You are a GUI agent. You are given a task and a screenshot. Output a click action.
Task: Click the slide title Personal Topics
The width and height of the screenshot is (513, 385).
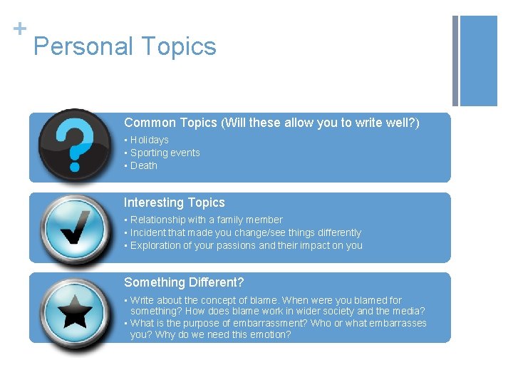pos(125,47)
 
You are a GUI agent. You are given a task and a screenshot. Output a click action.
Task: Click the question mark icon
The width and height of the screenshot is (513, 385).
pos(75,145)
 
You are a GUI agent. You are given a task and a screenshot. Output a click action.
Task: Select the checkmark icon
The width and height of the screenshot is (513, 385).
pos(75,227)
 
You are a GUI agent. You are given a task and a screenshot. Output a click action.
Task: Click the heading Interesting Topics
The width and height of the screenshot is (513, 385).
pos(174,203)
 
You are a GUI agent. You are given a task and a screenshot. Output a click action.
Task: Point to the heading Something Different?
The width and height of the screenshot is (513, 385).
pos(184,283)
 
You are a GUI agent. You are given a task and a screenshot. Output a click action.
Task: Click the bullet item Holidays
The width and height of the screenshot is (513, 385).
pos(149,140)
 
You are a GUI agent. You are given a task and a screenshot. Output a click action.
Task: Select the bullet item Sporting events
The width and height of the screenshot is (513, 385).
pos(165,153)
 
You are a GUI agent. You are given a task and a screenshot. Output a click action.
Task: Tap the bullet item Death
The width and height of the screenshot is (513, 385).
pos(143,166)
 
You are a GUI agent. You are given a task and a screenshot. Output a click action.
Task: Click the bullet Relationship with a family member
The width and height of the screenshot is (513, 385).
pos(206,220)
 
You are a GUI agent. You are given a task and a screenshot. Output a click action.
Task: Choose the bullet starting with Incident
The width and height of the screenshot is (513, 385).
pos(245,233)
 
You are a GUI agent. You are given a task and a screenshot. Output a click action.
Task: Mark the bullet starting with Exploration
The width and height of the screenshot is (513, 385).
pos(246,246)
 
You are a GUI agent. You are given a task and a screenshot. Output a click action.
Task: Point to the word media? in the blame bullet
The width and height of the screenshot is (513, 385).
pos(409,312)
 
